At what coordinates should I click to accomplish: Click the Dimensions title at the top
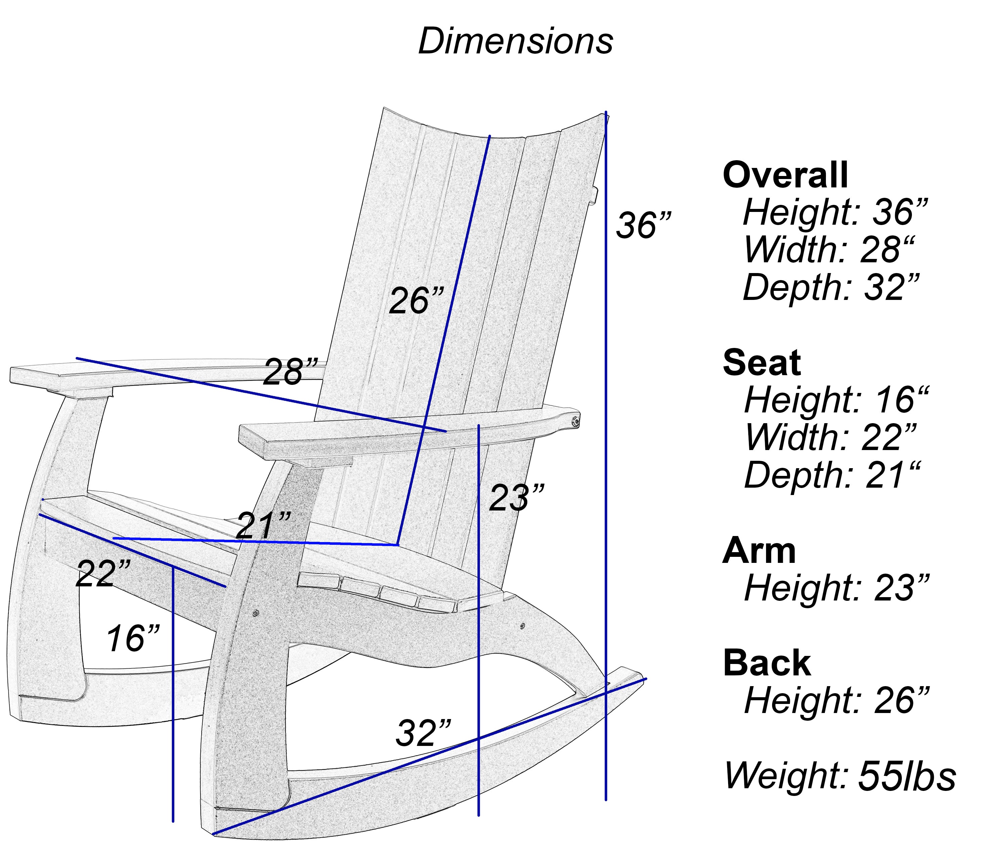pyautogui.click(x=515, y=41)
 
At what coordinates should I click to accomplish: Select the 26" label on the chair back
pyautogui.click(x=416, y=301)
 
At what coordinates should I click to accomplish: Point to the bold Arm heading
pyautogui.click(x=759, y=551)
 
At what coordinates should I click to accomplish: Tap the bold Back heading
pyautogui.click(x=767, y=663)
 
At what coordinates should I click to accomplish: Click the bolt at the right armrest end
pyautogui.click(x=574, y=421)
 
